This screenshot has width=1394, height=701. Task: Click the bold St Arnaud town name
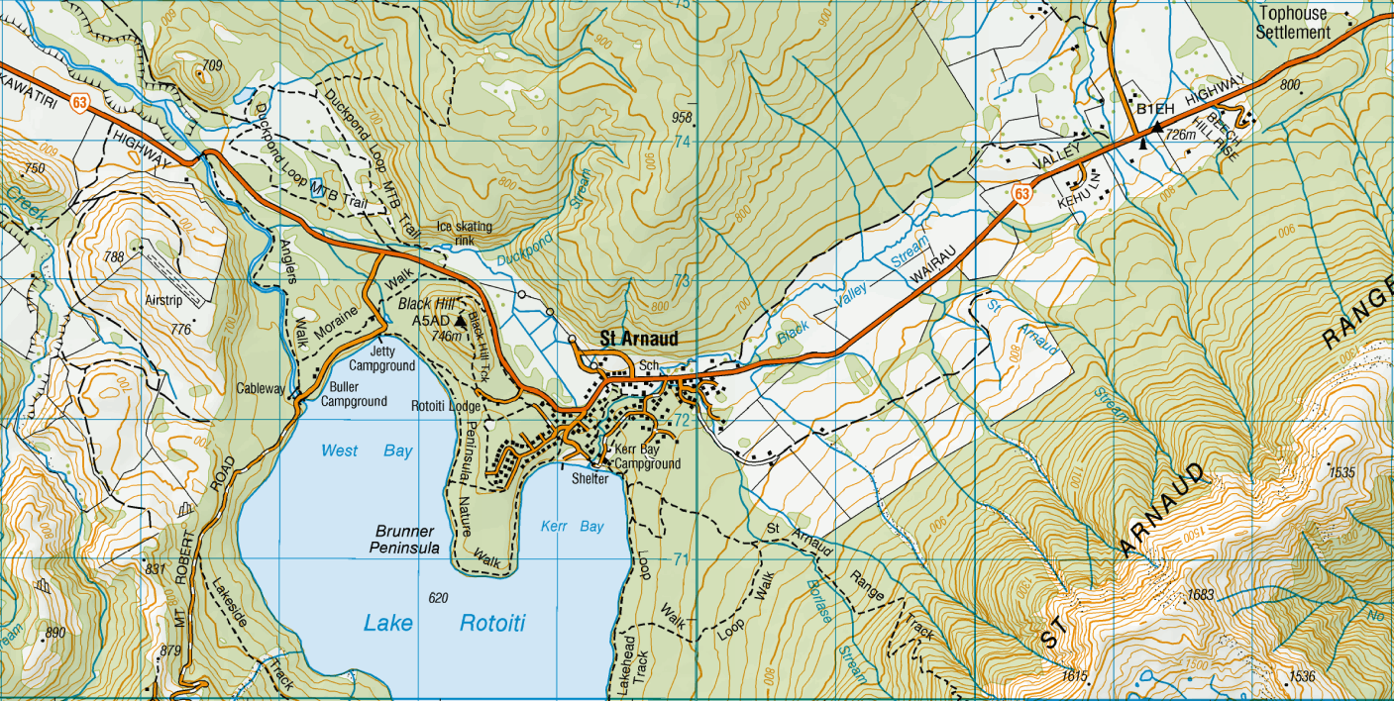639,340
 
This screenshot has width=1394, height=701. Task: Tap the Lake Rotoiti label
444,623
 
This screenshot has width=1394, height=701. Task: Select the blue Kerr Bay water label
573,526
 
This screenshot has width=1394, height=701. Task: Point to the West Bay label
367,451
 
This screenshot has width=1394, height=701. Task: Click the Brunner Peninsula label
406,540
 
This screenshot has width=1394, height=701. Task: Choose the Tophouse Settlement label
1293,24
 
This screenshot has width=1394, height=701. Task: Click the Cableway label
261,389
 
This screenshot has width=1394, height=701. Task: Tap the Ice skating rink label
465,233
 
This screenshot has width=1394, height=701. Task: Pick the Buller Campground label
354,394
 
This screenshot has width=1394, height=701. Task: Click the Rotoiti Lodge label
446,406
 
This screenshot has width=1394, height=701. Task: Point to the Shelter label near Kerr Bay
590,478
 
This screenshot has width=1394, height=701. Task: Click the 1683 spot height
1199,595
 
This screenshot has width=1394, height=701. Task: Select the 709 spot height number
210,66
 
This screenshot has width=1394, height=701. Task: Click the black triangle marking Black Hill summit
461,321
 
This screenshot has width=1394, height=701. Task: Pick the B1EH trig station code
1154,109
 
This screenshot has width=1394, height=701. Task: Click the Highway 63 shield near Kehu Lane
1020,194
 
